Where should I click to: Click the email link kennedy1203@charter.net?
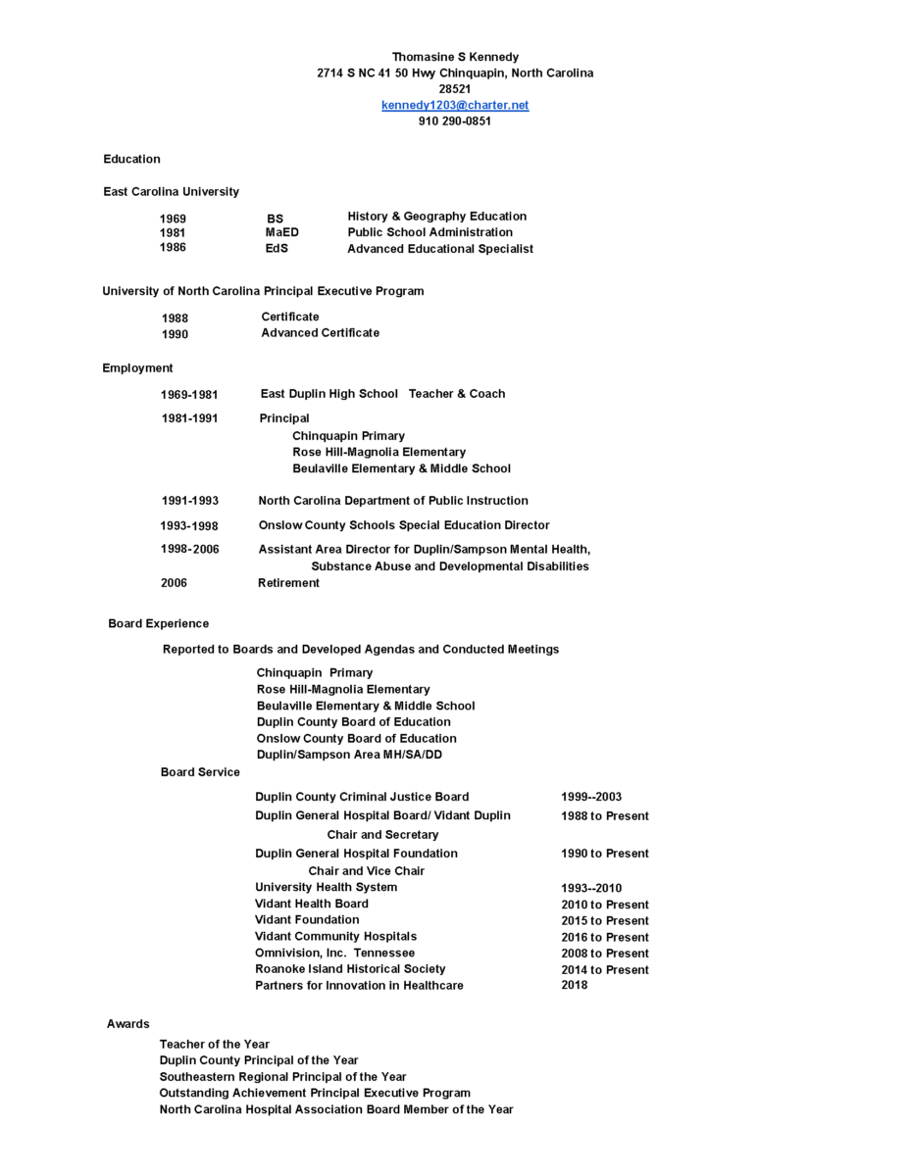[x=455, y=105]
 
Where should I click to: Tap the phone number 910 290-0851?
[x=455, y=122]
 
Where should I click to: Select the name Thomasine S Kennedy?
[x=455, y=57]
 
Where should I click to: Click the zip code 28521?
[x=455, y=89]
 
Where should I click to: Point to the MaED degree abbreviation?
[x=281, y=232]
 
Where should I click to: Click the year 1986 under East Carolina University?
[x=174, y=248]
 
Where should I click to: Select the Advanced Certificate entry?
[x=320, y=333]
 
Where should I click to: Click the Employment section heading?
[x=137, y=368]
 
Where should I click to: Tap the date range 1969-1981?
[x=189, y=394]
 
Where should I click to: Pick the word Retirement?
[x=288, y=583]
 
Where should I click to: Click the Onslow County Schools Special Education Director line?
[x=404, y=525]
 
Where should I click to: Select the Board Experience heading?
[x=158, y=623]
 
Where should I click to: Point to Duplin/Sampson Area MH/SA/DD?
[x=349, y=755]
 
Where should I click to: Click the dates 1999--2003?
[x=591, y=797]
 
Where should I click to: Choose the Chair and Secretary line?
[x=382, y=835]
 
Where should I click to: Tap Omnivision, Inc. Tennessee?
[x=334, y=953]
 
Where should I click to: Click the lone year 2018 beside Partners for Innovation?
[x=575, y=985]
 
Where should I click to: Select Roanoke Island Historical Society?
[x=350, y=969]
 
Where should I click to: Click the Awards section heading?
[x=128, y=1024]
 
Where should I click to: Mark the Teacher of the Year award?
[x=215, y=1045]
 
